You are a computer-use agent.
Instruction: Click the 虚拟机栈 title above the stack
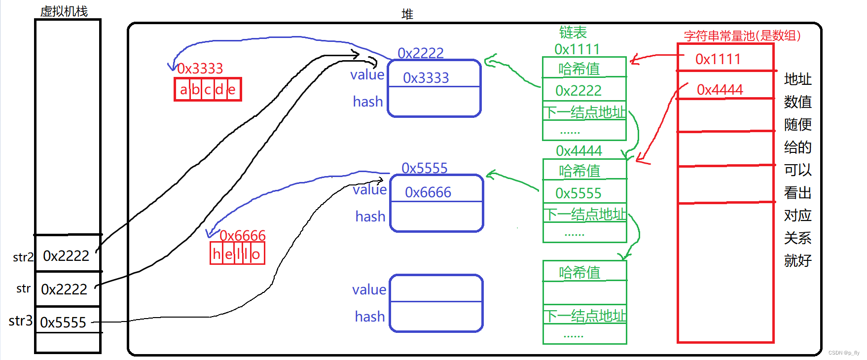[x=64, y=11]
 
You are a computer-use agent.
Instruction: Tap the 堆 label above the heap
[x=407, y=14]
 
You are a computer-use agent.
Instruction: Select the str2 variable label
[x=23, y=257]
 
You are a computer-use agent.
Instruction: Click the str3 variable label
[x=20, y=321]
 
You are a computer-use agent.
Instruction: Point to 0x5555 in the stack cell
[x=63, y=323]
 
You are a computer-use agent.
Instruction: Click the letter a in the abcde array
[x=183, y=90]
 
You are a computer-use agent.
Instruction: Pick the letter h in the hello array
[x=217, y=254]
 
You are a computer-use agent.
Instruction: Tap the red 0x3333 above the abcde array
[x=200, y=69]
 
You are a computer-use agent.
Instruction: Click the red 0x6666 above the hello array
[x=243, y=236]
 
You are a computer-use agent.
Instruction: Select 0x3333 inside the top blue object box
[x=426, y=78]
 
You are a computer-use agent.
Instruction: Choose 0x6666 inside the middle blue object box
[x=428, y=192]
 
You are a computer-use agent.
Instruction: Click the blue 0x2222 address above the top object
[x=420, y=53]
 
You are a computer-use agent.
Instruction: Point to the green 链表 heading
[x=573, y=33]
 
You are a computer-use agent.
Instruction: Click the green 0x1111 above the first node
[x=577, y=49]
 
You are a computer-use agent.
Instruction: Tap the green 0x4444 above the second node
[x=578, y=150]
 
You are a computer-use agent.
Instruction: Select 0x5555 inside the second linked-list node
[x=578, y=193]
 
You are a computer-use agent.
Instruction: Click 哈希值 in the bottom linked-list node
[x=579, y=273]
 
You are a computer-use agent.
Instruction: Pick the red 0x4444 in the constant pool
[x=720, y=90]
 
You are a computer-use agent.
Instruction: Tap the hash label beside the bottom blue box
[x=369, y=317]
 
